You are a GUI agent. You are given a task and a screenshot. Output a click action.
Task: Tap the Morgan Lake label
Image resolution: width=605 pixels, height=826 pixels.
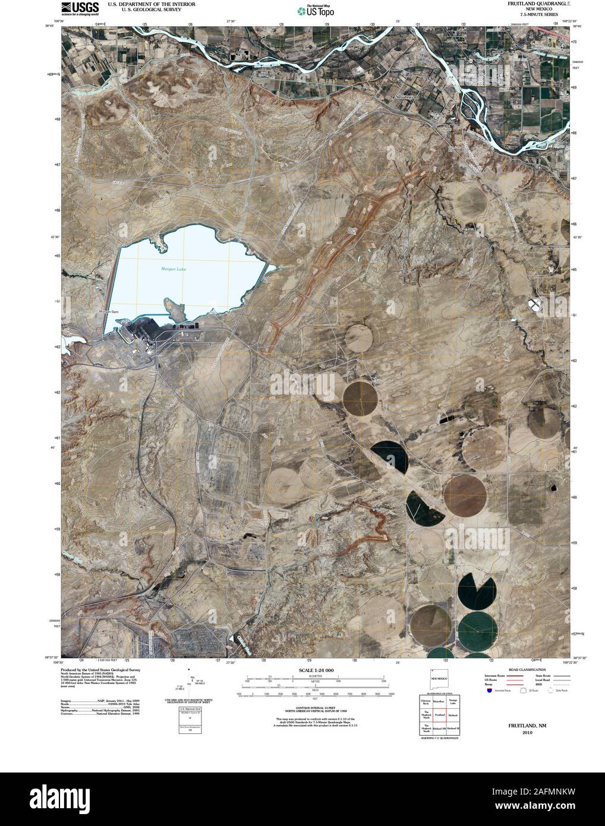174,269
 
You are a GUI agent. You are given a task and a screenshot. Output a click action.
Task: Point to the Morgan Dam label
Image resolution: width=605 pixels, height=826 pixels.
111,311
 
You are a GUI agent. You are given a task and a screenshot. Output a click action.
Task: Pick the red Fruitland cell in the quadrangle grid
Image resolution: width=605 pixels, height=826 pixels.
439,717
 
